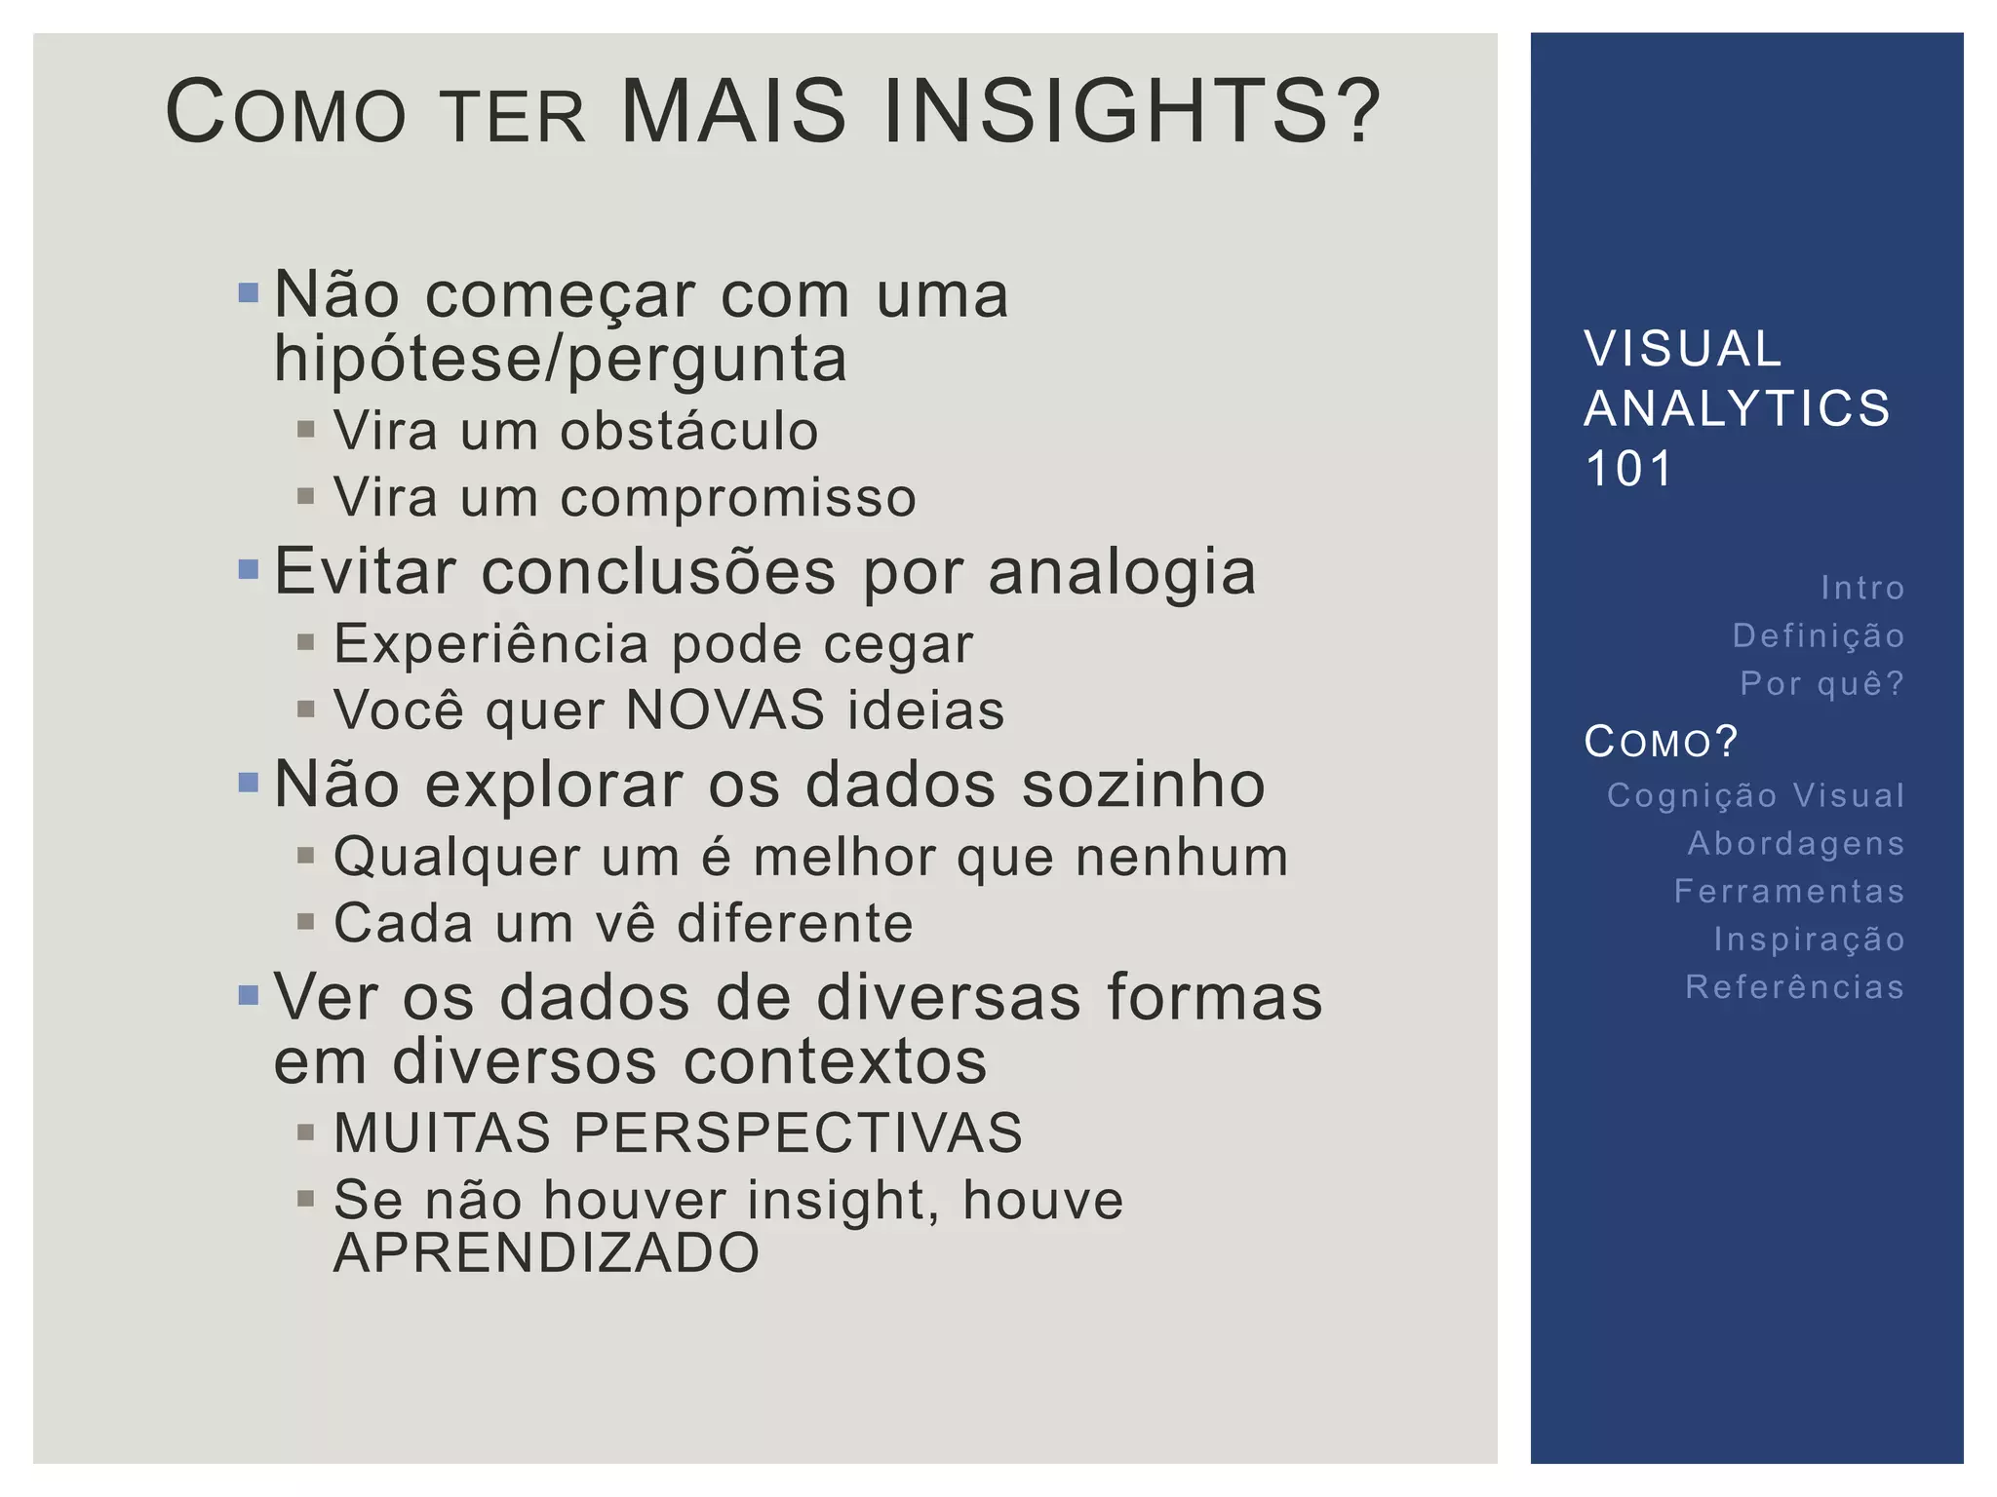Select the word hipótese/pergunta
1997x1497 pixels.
pyautogui.click(x=561, y=359)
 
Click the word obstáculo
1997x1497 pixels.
pyautogui.click(x=688, y=431)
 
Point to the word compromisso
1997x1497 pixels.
pyautogui.click(x=738, y=498)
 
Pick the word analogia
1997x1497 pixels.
pyautogui.click(x=1122, y=572)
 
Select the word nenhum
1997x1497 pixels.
pyautogui.click(x=1182, y=858)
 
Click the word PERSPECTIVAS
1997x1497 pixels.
pyautogui.click(x=798, y=1132)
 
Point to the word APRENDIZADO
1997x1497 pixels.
pyautogui.click(x=546, y=1253)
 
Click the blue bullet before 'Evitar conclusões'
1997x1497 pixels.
pyautogui.click(x=249, y=568)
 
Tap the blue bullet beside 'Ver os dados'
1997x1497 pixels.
pyautogui.click(x=249, y=995)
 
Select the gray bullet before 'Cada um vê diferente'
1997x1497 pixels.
pyautogui.click(x=306, y=922)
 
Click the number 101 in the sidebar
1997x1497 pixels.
pyautogui.click(x=1628, y=469)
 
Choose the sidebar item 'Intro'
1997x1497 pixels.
pyautogui.click(x=1862, y=588)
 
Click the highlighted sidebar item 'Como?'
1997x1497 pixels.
pyautogui.click(x=1661, y=742)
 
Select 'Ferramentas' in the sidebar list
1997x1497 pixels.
pyautogui.click(x=1789, y=891)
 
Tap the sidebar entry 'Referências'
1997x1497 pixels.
pyautogui.click(x=1794, y=987)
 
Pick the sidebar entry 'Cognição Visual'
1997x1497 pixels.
pyautogui.click(x=1755, y=795)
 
